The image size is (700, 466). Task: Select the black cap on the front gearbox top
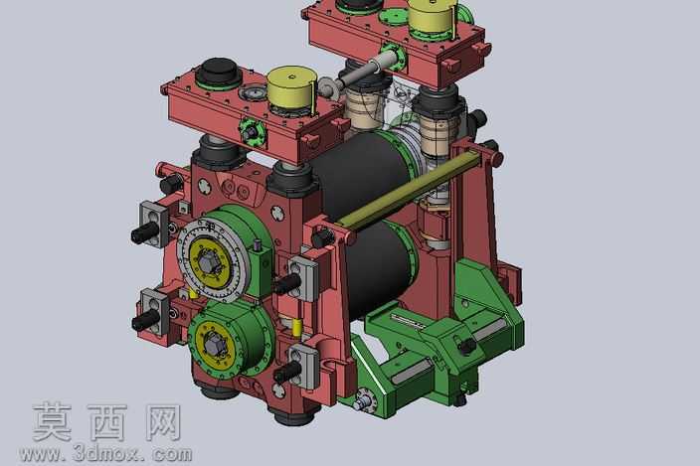coord(219,71)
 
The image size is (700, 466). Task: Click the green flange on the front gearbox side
coord(253,132)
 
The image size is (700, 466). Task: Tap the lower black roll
coord(377,267)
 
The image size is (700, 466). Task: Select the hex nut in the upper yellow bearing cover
coord(208,261)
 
